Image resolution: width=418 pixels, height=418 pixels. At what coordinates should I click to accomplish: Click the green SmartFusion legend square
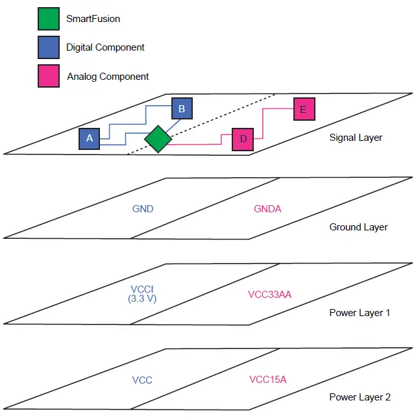[x=48, y=19]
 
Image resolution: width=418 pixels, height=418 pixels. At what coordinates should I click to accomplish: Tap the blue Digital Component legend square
[x=48, y=47]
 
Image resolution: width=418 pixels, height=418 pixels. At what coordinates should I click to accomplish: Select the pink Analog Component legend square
[x=48, y=76]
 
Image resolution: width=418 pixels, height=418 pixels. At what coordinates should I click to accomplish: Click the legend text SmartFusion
[x=93, y=19]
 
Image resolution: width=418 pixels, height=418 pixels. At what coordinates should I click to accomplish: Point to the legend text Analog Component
[x=108, y=77]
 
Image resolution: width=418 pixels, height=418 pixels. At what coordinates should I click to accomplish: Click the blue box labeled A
[x=90, y=138]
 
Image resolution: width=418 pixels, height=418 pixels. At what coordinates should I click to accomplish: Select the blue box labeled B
[x=182, y=109]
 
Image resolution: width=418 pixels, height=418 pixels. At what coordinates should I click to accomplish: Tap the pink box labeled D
[x=243, y=140]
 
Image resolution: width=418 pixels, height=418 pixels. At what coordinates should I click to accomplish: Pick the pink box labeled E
[x=303, y=109]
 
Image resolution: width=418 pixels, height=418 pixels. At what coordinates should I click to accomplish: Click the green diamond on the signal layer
[x=158, y=139]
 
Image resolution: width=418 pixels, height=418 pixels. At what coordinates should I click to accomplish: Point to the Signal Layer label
[x=356, y=138]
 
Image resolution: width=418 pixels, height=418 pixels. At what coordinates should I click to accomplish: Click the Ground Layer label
[x=358, y=227]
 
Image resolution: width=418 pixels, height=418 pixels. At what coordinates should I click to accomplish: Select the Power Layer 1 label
[x=360, y=313]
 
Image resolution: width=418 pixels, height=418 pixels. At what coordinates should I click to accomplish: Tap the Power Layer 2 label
[x=360, y=397]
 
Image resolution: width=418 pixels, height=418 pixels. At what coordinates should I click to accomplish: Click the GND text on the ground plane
[x=142, y=209]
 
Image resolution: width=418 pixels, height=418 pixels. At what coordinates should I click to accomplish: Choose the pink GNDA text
[x=267, y=209]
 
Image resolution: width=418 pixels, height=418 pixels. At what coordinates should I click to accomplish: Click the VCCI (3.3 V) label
[x=143, y=293]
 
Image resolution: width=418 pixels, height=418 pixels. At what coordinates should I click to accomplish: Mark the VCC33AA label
[x=269, y=294]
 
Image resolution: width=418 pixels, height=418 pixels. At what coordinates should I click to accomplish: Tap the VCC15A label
[x=267, y=380]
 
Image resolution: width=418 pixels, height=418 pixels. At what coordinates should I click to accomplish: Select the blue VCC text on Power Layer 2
[x=142, y=380]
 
